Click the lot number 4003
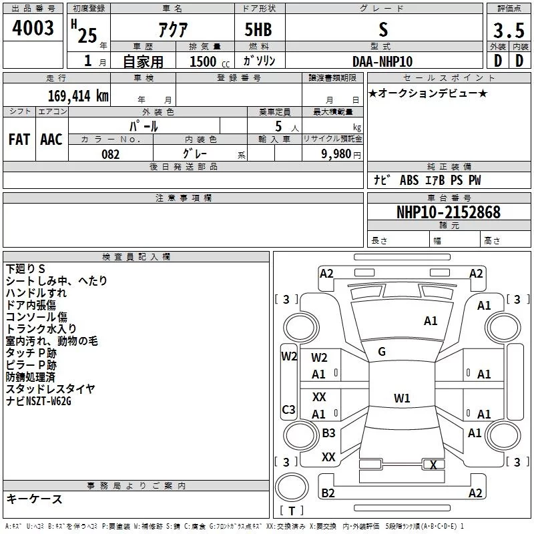click(33, 29)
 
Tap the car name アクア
click(172, 29)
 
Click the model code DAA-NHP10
click(382, 61)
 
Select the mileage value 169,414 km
click(78, 95)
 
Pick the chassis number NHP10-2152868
click(448, 212)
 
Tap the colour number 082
click(111, 154)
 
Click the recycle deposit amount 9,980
click(332, 154)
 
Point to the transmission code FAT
click(19, 139)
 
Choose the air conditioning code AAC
click(51, 139)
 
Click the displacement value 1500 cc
click(206, 61)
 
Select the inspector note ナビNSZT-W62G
click(39, 401)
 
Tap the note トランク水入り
click(41, 329)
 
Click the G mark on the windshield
click(381, 352)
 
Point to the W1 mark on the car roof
click(402, 398)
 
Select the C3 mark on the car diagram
click(289, 409)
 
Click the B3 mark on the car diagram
click(328, 433)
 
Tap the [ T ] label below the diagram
click(291, 511)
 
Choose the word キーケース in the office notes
click(34, 499)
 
